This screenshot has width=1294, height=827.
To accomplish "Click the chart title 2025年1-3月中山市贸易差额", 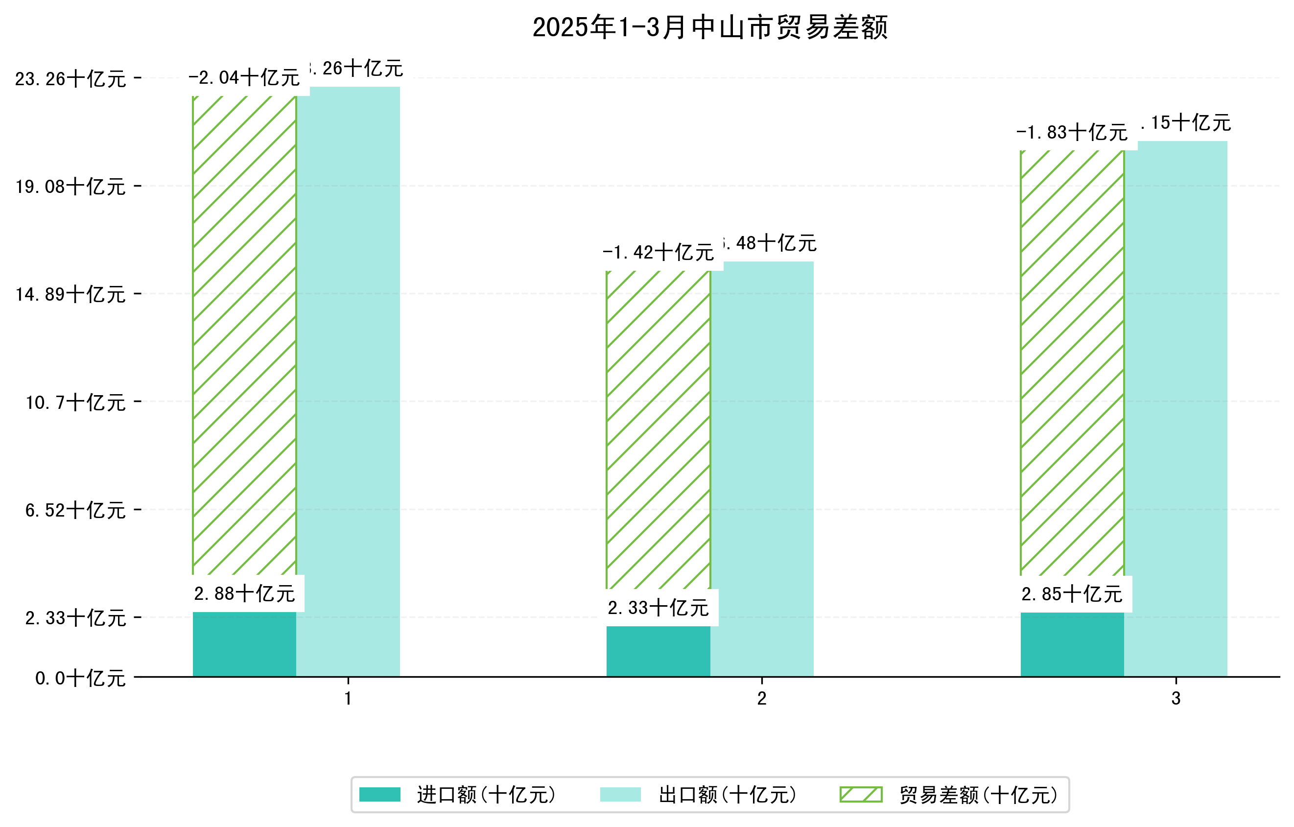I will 709,27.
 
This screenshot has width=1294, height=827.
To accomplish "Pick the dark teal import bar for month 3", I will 1072,644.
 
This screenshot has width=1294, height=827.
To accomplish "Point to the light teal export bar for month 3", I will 1176,408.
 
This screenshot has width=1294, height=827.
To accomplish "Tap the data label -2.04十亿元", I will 244,78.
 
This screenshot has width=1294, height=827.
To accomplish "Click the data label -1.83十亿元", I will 1072,132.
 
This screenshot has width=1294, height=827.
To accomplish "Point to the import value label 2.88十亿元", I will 244,594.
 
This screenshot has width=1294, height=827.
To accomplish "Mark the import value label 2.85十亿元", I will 1072,594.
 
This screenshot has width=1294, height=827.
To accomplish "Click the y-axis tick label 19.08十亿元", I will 71,187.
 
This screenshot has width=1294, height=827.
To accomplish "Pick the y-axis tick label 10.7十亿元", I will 76,402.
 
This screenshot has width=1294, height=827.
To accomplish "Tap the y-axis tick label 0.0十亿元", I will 81,678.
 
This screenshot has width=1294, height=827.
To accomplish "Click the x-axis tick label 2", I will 761,699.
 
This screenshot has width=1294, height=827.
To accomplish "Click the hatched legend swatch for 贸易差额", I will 861,795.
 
